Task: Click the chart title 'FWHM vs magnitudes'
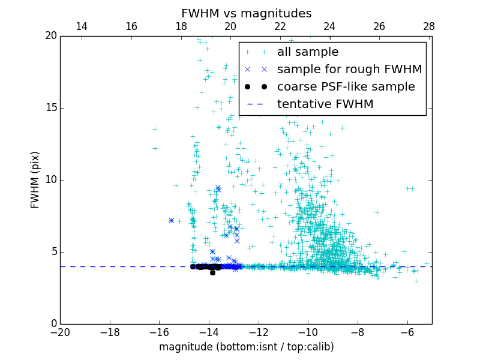pos(246,13)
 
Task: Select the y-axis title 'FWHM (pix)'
pos(35,180)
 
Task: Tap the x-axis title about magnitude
pos(246,347)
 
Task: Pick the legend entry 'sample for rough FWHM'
pos(349,70)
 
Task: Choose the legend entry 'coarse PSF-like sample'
pos(346,87)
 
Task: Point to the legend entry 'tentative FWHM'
pos(325,104)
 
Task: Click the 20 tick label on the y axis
pos(50,36)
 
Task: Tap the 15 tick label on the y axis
pos(50,108)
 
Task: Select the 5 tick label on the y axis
pos(53,252)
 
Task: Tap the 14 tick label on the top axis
pos(82,26)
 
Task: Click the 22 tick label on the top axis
pos(280,26)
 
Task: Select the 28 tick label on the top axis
pos(428,26)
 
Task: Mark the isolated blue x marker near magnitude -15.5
pos(171,220)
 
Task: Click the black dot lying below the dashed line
pos(212,272)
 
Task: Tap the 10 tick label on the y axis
pos(50,180)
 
